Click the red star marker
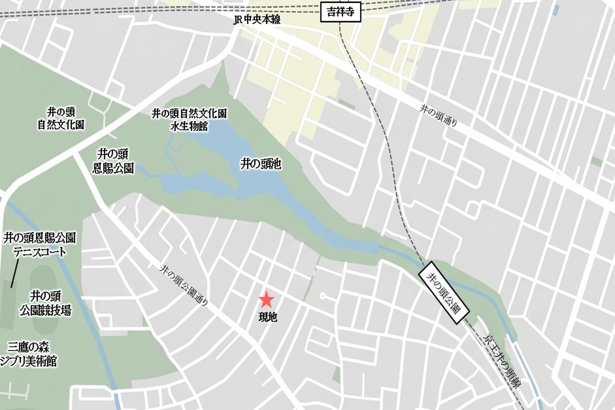(266, 300)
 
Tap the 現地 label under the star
(268, 317)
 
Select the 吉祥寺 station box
(341, 13)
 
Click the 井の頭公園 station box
(444, 292)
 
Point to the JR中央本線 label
(257, 19)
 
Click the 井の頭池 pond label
(261, 164)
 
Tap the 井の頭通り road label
(438, 115)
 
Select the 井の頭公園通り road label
(184, 285)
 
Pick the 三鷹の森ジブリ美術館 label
(29, 354)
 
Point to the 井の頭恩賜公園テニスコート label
(40, 245)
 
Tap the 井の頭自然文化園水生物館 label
(189, 120)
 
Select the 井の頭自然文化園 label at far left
(61, 118)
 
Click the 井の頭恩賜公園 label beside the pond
(113, 161)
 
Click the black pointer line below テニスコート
(15, 273)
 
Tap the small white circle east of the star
(322, 296)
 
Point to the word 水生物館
(189, 126)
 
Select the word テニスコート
(40, 252)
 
